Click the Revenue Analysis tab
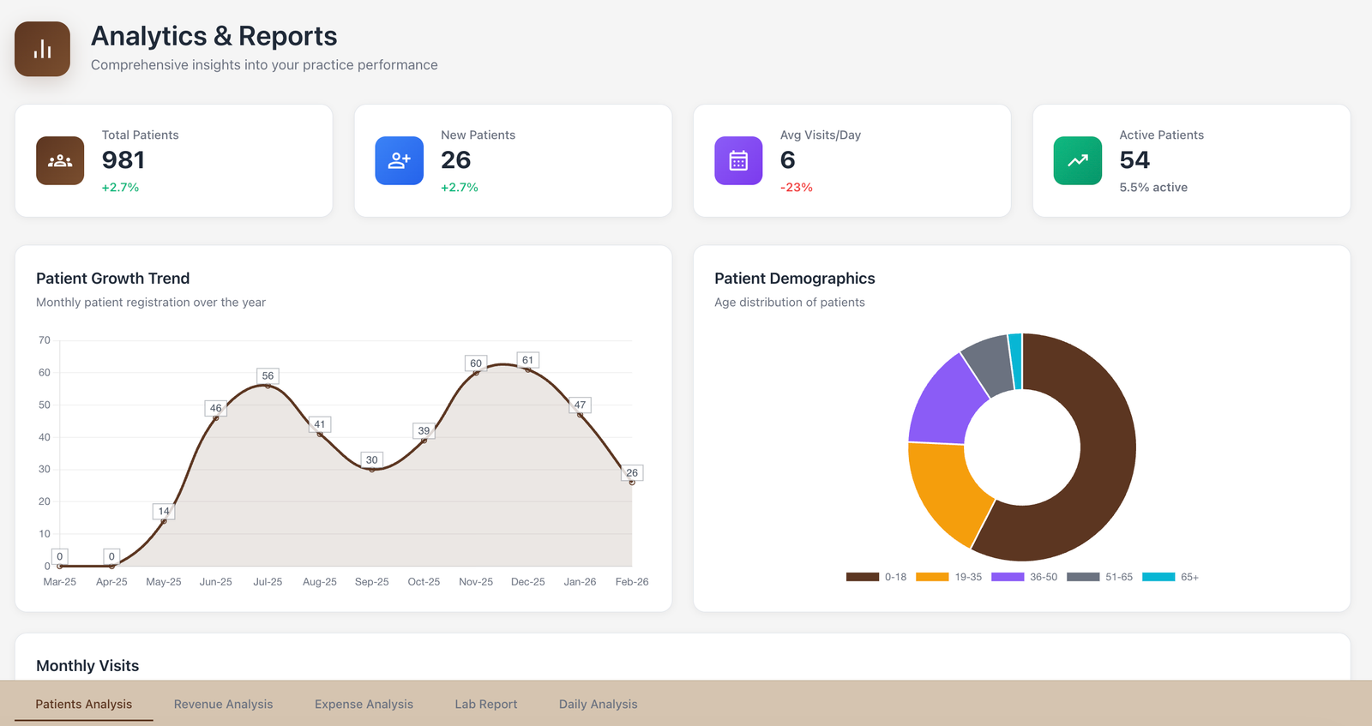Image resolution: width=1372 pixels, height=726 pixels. pyautogui.click(x=223, y=704)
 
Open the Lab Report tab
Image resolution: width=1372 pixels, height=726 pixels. pyautogui.click(x=485, y=704)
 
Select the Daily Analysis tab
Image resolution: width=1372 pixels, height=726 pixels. pyautogui.click(x=598, y=704)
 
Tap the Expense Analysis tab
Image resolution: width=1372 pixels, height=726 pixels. pyautogui.click(x=364, y=704)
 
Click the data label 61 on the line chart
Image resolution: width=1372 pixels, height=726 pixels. pyautogui.click(x=527, y=360)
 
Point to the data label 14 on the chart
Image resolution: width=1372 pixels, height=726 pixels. pyautogui.click(x=164, y=511)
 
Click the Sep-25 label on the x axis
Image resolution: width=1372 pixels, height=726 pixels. pyautogui.click(x=371, y=582)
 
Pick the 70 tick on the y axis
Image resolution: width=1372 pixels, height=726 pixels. pyautogui.click(x=45, y=340)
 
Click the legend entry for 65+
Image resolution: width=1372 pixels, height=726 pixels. pyautogui.click(x=1170, y=577)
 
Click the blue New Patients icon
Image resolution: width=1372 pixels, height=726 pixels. pyautogui.click(x=399, y=160)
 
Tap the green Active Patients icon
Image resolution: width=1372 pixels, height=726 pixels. pyautogui.click(x=1077, y=160)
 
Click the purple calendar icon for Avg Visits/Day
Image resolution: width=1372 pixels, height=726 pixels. pyautogui.click(x=738, y=160)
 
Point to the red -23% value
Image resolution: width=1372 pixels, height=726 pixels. pyautogui.click(x=796, y=187)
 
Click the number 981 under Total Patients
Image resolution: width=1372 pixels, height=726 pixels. pyautogui.click(x=123, y=160)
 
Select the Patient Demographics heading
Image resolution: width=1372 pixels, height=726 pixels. pyautogui.click(x=794, y=279)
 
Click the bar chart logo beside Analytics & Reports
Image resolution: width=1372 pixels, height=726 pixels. pyautogui.click(x=42, y=49)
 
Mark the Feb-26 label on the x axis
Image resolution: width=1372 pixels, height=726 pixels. pyautogui.click(x=631, y=582)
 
